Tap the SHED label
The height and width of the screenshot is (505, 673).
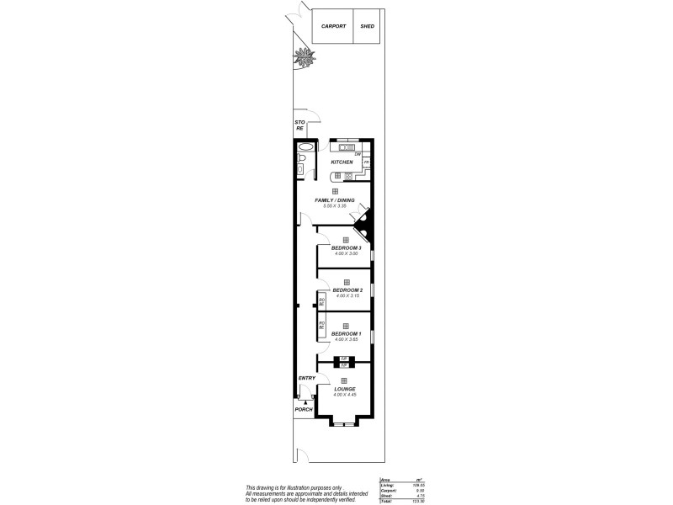[367, 26]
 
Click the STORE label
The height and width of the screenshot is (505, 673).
[299, 126]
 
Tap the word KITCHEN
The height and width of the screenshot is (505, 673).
[342, 162]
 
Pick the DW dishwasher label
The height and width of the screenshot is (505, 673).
[358, 154]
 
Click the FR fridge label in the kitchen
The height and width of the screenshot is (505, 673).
[366, 162]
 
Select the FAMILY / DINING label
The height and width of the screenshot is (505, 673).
[335, 200]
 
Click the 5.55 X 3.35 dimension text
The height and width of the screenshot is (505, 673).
[335, 206]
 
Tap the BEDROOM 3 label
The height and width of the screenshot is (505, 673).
[347, 247]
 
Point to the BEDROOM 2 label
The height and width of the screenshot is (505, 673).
[347, 290]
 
